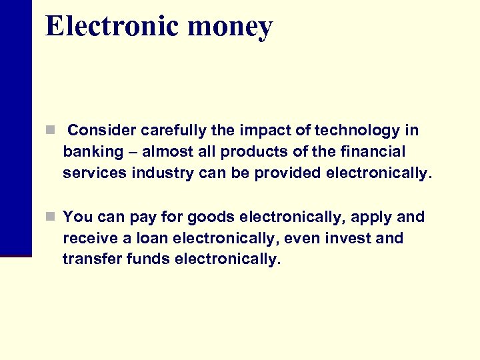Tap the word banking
tap(93, 152)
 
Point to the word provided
tap(289, 173)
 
